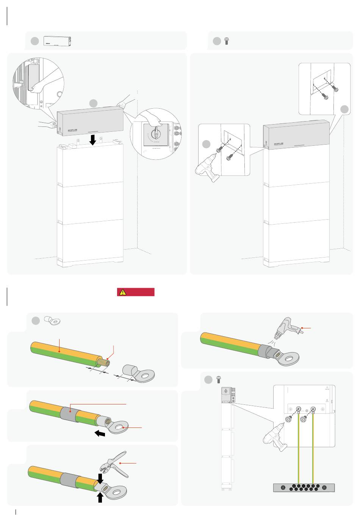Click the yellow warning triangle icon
point(122,292)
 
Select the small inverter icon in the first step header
point(57,41)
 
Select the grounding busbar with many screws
point(304,488)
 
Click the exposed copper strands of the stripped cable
point(104,362)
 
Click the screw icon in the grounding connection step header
point(218,379)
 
